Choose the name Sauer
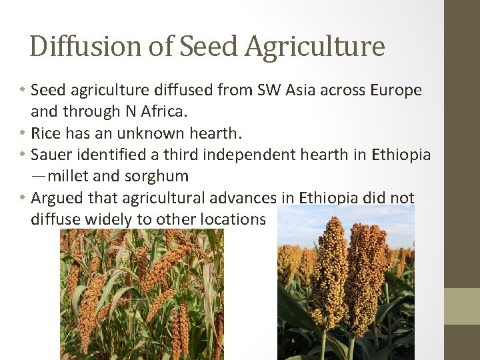coord(51,155)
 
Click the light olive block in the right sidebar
coord(462,305)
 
